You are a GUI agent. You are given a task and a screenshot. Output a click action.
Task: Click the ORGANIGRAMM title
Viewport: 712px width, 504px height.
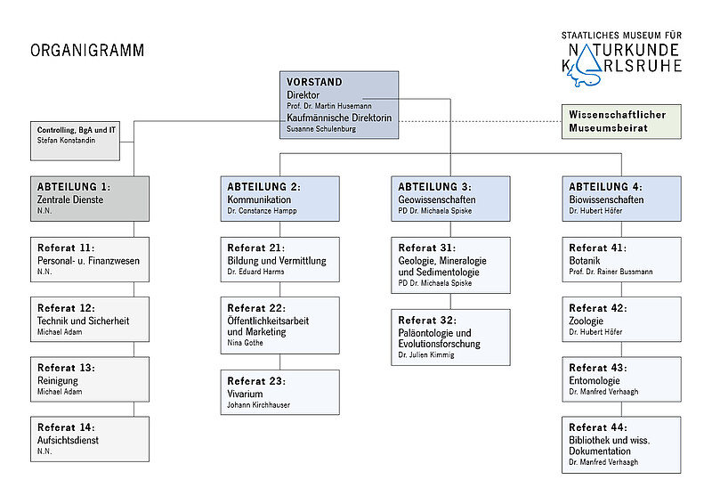[x=87, y=50]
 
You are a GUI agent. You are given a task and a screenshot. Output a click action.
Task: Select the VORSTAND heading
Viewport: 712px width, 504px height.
[x=314, y=82]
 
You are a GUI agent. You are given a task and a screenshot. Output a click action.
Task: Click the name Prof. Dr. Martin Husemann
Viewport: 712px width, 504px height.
[x=328, y=106]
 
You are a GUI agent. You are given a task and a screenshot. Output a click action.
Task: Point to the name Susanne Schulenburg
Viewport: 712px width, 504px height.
[x=321, y=128]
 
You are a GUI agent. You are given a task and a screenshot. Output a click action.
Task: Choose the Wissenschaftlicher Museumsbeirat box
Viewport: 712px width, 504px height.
[x=621, y=121]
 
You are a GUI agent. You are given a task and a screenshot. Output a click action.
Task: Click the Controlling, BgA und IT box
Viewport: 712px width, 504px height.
[x=75, y=141]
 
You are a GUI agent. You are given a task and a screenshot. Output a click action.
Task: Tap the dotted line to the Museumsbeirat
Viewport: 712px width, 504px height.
[x=481, y=121]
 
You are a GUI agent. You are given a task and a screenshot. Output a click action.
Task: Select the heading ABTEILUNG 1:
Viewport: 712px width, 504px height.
[x=74, y=187]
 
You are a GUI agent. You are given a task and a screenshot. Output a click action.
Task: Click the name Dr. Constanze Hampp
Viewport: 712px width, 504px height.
[x=262, y=211]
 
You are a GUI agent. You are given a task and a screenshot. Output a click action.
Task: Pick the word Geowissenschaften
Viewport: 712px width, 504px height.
[x=437, y=199]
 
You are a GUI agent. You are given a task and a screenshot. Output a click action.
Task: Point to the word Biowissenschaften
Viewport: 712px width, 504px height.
[x=606, y=199]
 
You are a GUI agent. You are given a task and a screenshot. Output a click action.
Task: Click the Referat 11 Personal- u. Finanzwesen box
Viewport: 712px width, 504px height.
[x=90, y=259]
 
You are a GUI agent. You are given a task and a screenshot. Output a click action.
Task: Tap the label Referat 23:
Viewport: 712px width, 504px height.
[x=256, y=381]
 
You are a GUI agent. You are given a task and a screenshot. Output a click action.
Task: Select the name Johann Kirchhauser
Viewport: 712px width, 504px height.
[x=258, y=405]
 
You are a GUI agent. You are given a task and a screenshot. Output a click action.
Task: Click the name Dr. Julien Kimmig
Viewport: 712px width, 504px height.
[x=426, y=355]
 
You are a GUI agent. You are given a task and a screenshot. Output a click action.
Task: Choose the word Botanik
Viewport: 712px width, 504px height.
[x=585, y=261]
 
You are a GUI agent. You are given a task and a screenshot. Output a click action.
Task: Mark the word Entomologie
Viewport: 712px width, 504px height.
[x=595, y=381]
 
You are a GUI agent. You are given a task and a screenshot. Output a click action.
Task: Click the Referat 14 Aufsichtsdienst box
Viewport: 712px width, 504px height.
[x=90, y=439]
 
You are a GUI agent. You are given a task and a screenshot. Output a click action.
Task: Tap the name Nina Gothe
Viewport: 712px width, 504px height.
[x=246, y=343]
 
